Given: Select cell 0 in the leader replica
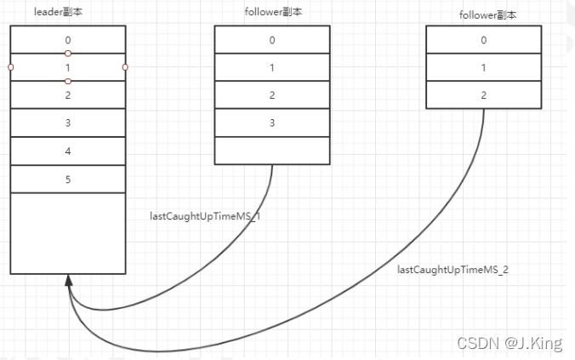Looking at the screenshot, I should (x=68, y=39).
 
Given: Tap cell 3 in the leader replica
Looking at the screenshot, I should (x=68, y=123).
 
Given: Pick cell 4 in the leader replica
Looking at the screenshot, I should (x=68, y=151).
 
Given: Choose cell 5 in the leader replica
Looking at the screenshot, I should (x=68, y=180).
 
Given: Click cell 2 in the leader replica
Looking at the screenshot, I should (x=68, y=95).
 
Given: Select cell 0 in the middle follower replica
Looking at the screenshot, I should (x=272, y=39).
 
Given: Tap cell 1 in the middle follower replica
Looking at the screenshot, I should (x=272, y=67).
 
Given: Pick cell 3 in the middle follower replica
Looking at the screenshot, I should (x=272, y=123).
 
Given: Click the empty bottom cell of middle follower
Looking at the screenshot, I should (x=272, y=150).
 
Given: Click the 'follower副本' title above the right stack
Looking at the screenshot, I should (x=482, y=14).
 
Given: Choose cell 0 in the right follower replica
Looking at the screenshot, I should (x=483, y=39).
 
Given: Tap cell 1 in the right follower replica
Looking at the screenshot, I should (x=483, y=67).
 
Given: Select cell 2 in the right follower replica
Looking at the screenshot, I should (x=483, y=94).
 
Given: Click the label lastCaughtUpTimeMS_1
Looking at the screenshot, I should (x=204, y=216).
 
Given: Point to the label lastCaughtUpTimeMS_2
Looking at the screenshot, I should (x=453, y=269).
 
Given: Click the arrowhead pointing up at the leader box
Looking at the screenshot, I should (x=68, y=281).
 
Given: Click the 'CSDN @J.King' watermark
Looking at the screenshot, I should (x=510, y=343).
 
